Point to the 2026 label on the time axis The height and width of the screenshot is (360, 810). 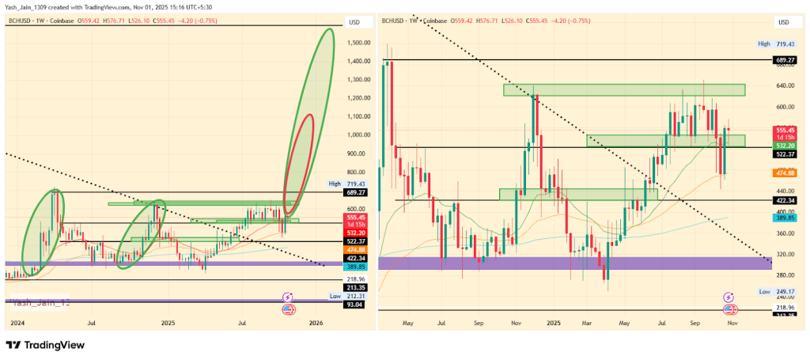click(316, 323)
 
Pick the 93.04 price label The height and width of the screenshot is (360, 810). click(355, 305)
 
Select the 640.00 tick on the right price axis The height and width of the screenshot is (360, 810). click(785, 85)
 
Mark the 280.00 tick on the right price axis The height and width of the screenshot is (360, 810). click(785, 275)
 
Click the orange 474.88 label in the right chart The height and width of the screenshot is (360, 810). click(785, 172)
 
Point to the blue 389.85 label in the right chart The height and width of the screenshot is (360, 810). click(785, 218)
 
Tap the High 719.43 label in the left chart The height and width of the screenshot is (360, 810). click(347, 184)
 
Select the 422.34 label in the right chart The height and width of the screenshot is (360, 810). click(785, 201)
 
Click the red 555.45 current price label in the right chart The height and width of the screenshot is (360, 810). click(785, 130)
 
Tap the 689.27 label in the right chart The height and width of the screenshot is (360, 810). click(785, 60)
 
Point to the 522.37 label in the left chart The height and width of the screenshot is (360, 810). click(355, 241)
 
